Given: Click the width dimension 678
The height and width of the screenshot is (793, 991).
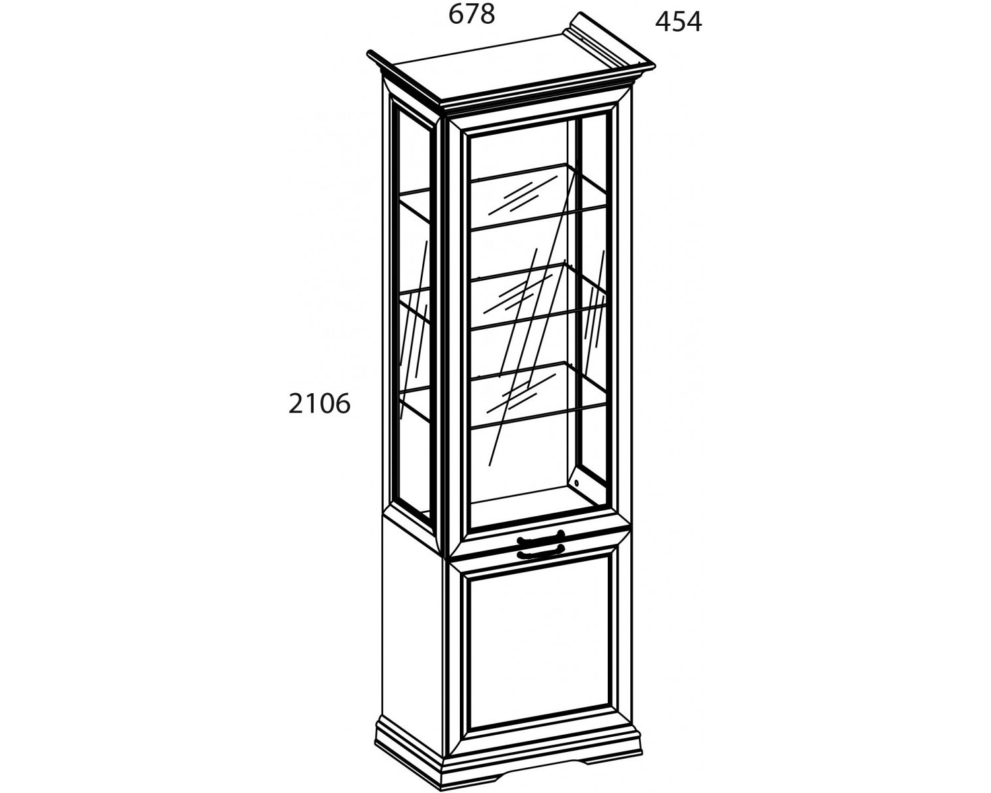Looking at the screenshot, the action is point(472,15).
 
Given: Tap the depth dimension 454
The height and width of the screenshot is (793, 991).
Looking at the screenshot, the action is point(679,22).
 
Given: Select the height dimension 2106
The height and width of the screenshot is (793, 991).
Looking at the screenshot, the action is point(320,404).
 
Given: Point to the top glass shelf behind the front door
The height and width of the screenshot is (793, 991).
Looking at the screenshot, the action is point(538,196).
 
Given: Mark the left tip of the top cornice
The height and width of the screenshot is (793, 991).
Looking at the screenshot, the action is point(367,54).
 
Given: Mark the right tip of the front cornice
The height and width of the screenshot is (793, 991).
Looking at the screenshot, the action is point(655,67).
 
